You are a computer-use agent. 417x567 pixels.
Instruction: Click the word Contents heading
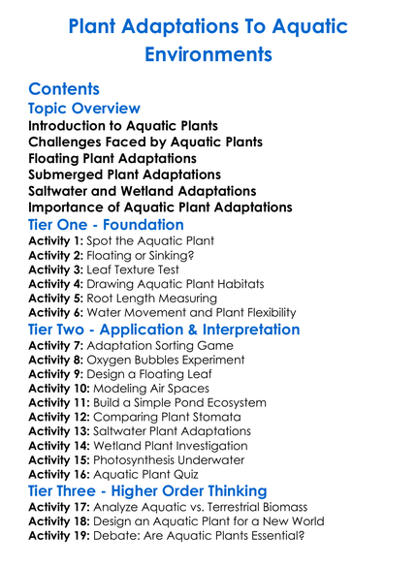point(71,88)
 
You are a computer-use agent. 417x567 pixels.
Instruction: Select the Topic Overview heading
point(84,109)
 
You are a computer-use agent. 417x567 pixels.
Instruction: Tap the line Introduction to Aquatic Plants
point(122,126)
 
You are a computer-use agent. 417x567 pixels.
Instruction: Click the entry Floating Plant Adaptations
point(112,158)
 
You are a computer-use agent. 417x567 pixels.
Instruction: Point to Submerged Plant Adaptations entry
point(121,174)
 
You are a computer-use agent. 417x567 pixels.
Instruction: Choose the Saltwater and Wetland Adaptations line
point(143,191)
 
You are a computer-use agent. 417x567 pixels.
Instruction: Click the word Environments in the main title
point(208,53)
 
